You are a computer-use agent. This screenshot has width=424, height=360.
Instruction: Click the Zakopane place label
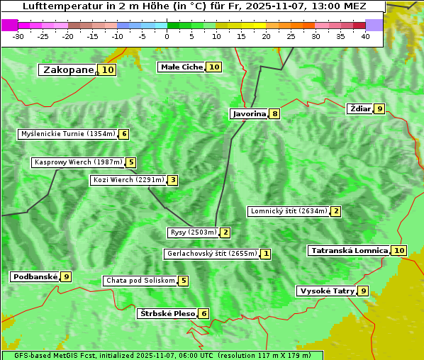pos(68,70)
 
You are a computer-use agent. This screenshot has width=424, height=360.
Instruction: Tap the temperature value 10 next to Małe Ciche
pos(214,67)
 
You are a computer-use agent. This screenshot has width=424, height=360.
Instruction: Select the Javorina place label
pos(249,113)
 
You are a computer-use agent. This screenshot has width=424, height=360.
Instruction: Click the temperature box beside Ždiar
pos(380,109)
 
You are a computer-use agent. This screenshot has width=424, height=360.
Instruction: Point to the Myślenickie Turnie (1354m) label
pos(67,134)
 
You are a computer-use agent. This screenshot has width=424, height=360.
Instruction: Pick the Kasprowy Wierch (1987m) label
pos(78,162)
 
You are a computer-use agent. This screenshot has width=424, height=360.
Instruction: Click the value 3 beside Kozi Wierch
pos(173,180)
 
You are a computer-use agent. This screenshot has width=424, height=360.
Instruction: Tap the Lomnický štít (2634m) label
pos(289,211)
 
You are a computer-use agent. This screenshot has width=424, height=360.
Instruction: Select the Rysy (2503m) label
pos(193,232)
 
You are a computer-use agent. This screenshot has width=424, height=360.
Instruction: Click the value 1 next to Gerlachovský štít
pos(266,254)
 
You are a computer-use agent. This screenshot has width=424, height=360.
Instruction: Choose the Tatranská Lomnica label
pos(349,251)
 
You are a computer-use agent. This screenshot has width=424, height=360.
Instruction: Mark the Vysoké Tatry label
pos(326,291)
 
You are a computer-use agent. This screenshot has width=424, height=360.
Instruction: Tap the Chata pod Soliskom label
pos(139,281)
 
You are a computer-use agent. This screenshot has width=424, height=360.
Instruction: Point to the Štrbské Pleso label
pos(167,314)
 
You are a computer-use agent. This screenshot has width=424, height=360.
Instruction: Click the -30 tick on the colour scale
pos(18,36)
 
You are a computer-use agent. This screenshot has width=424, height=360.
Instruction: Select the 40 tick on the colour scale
pos(365,36)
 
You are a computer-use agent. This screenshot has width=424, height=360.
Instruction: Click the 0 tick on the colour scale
pos(167,36)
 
